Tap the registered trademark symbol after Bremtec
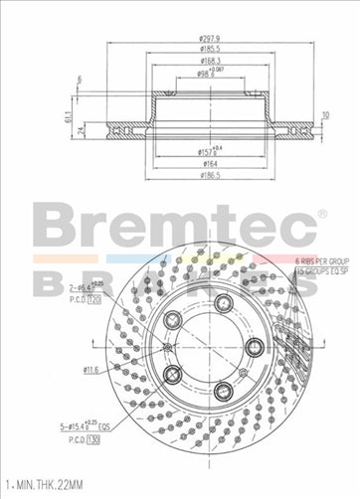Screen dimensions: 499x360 coord(321,214)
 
